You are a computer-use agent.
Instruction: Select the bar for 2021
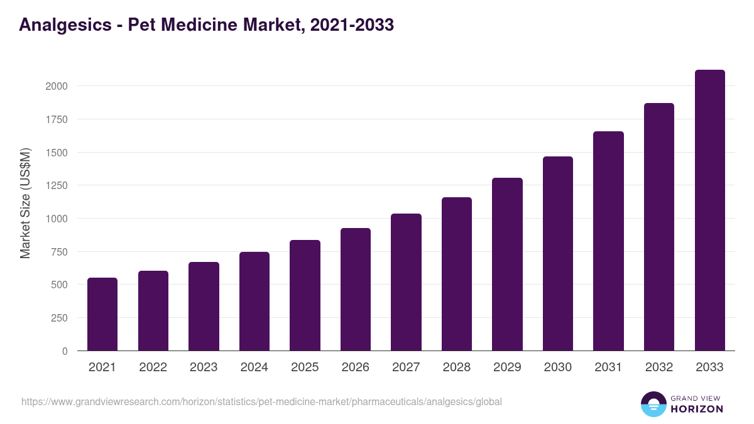click(x=102, y=314)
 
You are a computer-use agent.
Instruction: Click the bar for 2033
click(x=709, y=210)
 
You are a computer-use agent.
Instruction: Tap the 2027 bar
click(x=406, y=282)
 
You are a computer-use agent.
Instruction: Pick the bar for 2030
click(x=558, y=254)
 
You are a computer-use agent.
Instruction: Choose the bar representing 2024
click(x=254, y=302)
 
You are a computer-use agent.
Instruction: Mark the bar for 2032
click(x=659, y=227)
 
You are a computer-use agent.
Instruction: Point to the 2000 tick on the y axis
click(x=57, y=86)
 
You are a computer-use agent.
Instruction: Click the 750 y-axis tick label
click(x=59, y=252)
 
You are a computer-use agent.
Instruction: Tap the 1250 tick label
click(x=57, y=185)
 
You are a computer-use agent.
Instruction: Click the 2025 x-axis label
click(x=305, y=367)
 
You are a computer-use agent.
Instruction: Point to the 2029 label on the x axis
click(x=507, y=367)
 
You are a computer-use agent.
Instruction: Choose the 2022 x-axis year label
click(x=153, y=367)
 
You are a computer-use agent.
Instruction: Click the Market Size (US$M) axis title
click(x=25, y=204)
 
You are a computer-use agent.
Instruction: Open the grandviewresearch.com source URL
click(x=261, y=401)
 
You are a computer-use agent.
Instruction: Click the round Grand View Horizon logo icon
click(x=653, y=404)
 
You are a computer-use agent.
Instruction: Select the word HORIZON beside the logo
click(x=696, y=409)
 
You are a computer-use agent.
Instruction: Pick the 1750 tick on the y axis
click(x=57, y=119)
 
